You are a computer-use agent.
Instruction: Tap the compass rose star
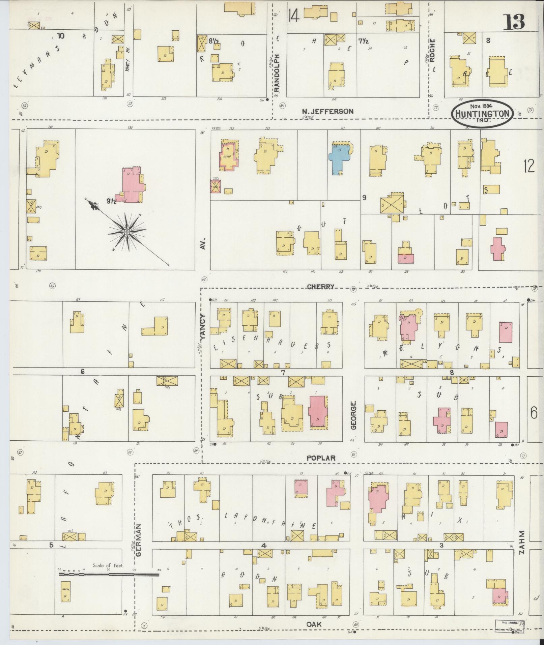point(127,232)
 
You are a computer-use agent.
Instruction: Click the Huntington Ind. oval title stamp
point(482,114)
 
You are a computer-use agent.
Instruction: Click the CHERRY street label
point(321,287)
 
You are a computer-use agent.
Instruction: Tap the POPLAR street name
point(321,458)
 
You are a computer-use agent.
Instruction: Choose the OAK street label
point(314,624)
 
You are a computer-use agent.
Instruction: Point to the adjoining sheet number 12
point(529,166)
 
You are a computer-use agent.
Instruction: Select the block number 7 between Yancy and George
point(283,373)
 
